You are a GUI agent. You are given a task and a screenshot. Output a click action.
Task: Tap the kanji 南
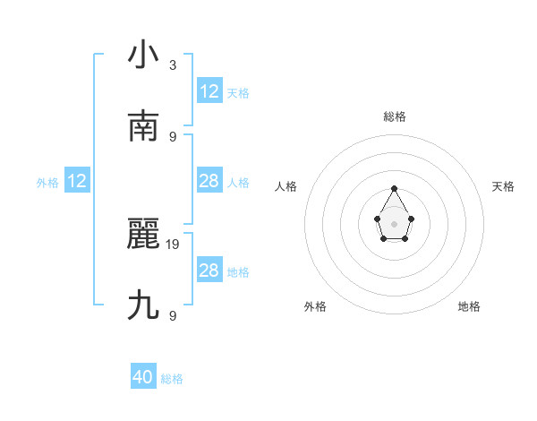(144, 126)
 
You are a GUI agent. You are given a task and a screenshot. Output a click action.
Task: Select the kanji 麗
(144, 234)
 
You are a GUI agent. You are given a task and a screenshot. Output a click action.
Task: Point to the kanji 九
(144, 305)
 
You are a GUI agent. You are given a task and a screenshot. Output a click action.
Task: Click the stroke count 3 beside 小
(173, 64)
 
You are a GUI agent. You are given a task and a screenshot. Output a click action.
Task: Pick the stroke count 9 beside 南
(173, 136)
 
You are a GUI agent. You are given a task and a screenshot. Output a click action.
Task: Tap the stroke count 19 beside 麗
(174, 244)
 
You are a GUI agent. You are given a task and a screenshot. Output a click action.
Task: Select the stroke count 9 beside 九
(173, 315)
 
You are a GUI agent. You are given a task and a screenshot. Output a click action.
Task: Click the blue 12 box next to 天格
(209, 91)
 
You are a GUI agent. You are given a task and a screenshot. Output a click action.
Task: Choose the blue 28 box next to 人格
(209, 181)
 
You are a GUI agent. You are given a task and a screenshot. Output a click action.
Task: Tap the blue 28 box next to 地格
(209, 271)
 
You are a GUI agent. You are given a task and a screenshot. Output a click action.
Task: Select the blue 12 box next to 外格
(77, 181)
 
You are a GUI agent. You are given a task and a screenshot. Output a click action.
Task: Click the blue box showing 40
(143, 377)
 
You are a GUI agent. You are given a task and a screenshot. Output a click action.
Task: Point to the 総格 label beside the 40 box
(172, 379)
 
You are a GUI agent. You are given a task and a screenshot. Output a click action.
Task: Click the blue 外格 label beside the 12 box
(47, 183)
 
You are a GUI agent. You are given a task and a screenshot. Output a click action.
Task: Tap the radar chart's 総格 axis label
(395, 116)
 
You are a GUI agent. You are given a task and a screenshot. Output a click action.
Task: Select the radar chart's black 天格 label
(504, 186)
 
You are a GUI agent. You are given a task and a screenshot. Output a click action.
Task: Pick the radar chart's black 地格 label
(469, 306)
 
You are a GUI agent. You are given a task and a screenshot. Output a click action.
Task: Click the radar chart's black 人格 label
(286, 186)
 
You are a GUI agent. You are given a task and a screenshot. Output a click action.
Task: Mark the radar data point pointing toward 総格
(395, 189)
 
